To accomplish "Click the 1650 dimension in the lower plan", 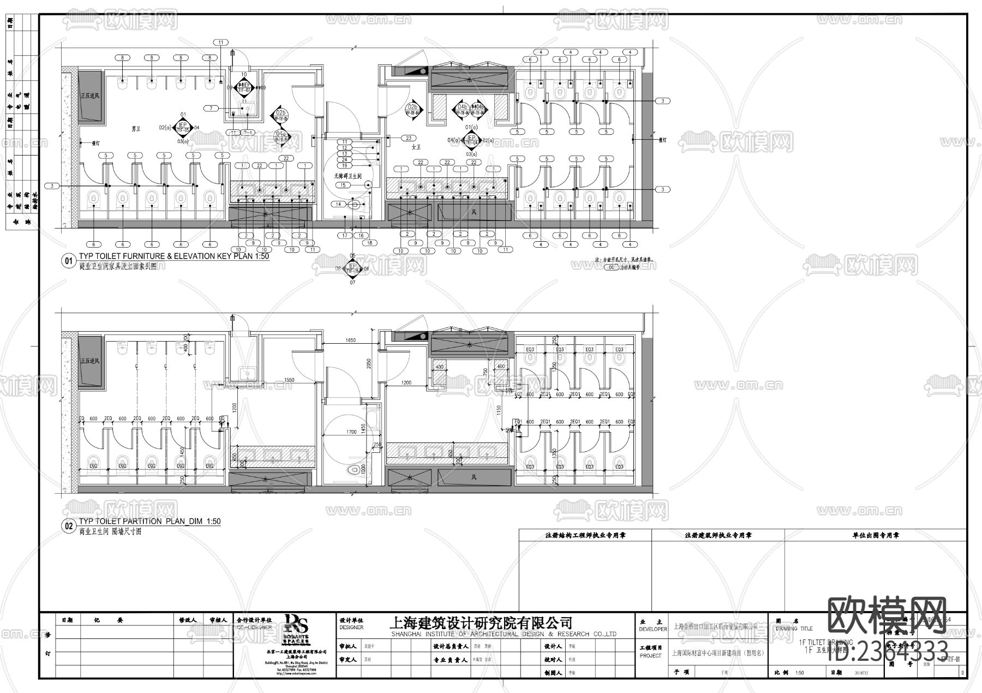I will [350, 340].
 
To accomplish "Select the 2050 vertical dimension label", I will [369, 362].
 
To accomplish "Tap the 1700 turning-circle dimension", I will [351, 432].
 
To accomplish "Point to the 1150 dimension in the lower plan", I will [499, 409].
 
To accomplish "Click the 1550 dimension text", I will [289, 380].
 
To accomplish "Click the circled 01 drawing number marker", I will [69, 261].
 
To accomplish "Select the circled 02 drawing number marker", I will [69, 527].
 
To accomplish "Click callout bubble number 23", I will [408, 138].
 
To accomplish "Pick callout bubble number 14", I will [338, 204].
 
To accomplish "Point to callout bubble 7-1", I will [248, 133].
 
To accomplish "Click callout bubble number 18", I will [370, 243].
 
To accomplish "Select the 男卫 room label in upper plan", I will [136, 129].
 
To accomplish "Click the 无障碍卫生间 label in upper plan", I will [348, 176].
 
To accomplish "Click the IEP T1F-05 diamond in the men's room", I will [183, 128].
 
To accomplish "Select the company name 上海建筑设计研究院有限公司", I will [481, 623].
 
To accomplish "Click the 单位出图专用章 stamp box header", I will [876, 535].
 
